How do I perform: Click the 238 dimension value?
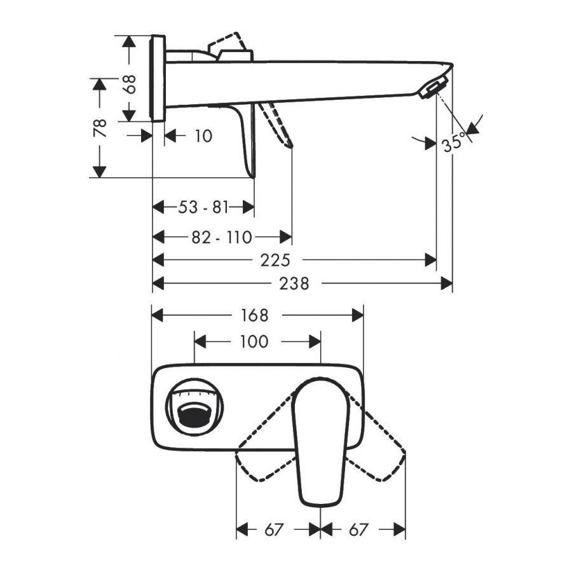[294, 283]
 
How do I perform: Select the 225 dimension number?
[275, 261]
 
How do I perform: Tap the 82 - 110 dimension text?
[222, 238]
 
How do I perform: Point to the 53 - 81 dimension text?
[203, 208]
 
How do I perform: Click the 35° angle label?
[454, 143]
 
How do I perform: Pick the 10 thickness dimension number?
[203, 136]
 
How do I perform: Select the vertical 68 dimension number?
[130, 85]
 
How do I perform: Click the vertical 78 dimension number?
[100, 128]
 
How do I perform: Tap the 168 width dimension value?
[254, 315]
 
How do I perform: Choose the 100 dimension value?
[254, 342]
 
